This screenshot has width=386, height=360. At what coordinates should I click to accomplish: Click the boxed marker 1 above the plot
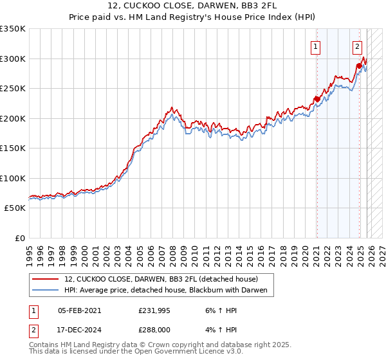tap(317, 46)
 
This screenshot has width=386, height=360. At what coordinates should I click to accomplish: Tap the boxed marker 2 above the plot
tap(357, 46)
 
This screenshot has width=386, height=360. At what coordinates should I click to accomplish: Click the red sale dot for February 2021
tap(317, 99)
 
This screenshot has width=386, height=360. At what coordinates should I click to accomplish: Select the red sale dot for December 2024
tap(359, 66)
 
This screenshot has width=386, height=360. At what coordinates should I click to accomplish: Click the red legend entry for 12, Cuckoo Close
tap(161, 279)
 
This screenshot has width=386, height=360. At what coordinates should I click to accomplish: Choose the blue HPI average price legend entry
tap(169, 291)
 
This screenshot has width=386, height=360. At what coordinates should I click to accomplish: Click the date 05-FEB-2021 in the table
tap(79, 310)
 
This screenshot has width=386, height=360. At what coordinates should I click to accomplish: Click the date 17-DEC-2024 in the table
tap(79, 331)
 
